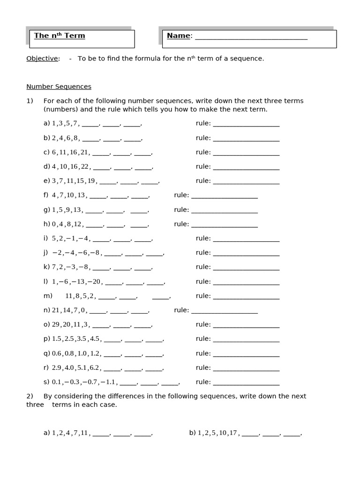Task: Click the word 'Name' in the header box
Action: click(179, 36)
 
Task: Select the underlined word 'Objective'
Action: click(42, 59)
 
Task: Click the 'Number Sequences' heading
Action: click(59, 87)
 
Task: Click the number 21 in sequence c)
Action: click(84, 152)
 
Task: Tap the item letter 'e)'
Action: click(46, 181)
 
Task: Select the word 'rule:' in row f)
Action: click(181, 195)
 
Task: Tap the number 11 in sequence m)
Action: click(69, 296)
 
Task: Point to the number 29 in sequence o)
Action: click(56, 324)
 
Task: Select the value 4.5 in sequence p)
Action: click(95, 339)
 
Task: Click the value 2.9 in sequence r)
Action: click(57, 368)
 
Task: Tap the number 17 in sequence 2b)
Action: click(232, 433)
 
